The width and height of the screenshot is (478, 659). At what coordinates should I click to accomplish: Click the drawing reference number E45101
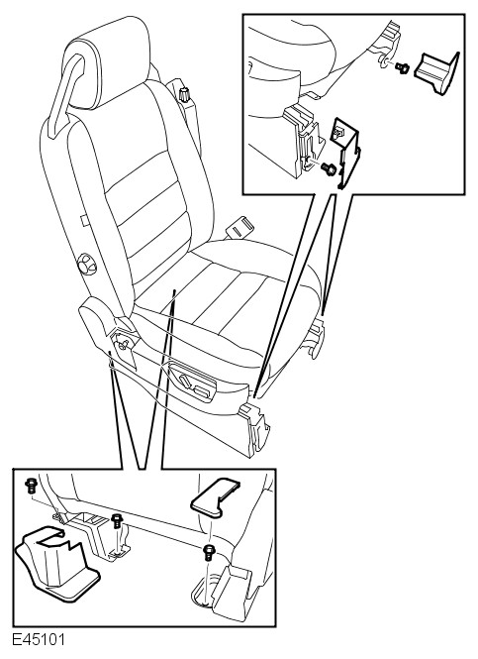(39, 640)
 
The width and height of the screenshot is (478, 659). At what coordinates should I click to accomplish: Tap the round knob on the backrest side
(87, 264)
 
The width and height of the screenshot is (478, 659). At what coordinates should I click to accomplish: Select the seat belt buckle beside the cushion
(239, 227)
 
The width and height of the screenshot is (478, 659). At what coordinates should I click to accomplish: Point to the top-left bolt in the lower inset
(31, 487)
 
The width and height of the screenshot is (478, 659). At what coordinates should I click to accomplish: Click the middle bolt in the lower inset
(117, 521)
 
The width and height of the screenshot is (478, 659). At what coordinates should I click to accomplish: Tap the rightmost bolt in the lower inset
(208, 552)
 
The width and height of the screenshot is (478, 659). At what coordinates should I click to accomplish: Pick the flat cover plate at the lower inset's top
(215, 496)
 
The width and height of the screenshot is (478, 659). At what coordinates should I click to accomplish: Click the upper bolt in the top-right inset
(402, 67)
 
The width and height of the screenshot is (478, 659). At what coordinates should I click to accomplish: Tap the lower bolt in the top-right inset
(329, 169)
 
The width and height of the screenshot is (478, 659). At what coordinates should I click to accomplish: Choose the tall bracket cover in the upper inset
(346, 153)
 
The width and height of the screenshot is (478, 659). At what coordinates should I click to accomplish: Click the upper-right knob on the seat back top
(184, 94)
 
